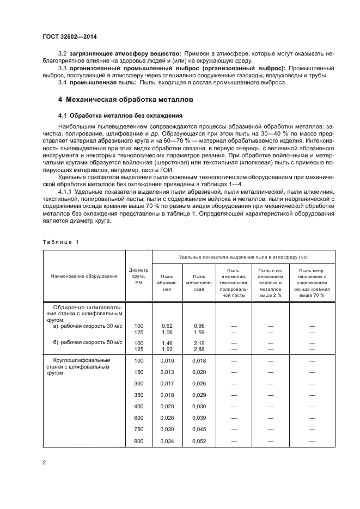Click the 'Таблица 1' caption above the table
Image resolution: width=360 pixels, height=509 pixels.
[61, 241]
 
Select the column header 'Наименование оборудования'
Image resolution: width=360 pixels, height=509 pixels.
[84, 276]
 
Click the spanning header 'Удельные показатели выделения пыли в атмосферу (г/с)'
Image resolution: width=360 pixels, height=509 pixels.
[246, 256]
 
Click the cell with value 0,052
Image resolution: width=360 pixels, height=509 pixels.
[199, 441]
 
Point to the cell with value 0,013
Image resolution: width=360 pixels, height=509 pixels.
[167, 372]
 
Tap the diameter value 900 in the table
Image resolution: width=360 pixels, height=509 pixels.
[138, 441]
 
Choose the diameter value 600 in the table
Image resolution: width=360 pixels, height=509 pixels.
[138, 418]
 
